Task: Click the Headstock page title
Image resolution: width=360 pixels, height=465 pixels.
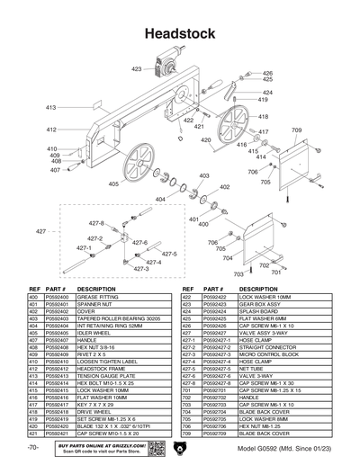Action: coord(180,34)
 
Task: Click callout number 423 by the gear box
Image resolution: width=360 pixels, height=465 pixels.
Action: coord(136,68)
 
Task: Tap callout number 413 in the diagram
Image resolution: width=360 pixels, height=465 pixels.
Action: coord(51,107)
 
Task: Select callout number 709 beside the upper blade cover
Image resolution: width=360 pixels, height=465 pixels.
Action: coord(296,130)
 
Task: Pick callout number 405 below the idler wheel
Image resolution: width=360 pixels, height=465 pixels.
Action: coord(113,183)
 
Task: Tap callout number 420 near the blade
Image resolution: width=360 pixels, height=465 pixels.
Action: coord(206,139)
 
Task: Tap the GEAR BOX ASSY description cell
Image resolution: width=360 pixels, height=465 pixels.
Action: coord(262,303)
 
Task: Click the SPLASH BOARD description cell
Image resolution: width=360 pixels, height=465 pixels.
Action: coord(259,310)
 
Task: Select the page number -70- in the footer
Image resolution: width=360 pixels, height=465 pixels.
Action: coord(32,448)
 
